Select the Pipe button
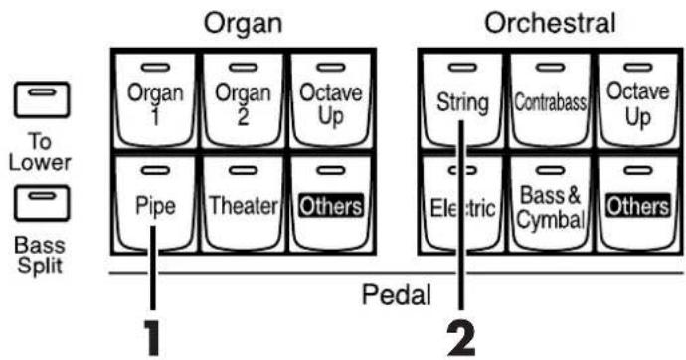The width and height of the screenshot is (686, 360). tap(155, 205)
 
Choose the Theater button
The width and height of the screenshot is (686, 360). tap(243, 205)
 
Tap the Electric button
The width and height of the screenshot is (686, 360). tap(462, 205)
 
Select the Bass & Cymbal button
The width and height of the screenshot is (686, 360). tap(551, 205)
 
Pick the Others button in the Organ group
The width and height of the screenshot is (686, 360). tap(331, 205)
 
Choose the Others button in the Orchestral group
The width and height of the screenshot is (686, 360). tap(638, 205)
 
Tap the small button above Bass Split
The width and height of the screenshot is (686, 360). tap(42, 204)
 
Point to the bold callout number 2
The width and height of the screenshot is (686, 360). tap(460, 339)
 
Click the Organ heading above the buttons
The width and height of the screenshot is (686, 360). tap(244, 23)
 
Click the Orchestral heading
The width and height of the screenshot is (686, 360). tap(551, 22)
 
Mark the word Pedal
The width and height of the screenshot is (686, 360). tap(396, 295)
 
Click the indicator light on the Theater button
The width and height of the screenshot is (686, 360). tap(243, 171)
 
